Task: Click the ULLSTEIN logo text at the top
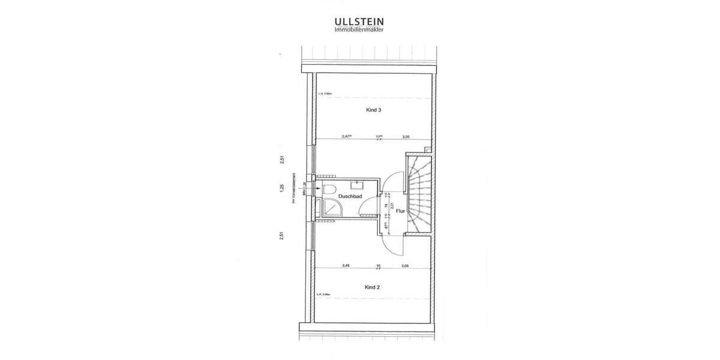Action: coord(359,21)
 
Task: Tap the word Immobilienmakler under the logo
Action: coord(359,29)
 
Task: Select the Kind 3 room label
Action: coord(374,110)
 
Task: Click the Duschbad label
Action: coord(349,196)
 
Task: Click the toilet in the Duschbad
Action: coord(329,190)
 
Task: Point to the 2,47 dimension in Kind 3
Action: coord(346,136)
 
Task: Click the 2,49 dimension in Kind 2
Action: coord(346,265)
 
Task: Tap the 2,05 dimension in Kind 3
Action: coord(406,136)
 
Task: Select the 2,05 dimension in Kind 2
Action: coord(406,265)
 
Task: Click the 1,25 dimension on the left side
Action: coord(281,188)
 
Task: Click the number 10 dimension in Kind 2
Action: coord(379,265)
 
